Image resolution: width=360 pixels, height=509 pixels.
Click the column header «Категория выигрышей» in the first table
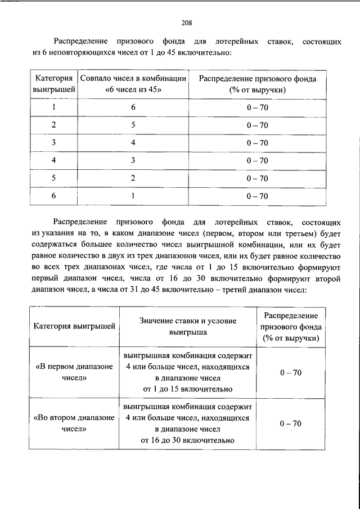[x=54, y=84]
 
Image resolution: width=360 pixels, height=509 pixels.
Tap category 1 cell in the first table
[x=54, y=106]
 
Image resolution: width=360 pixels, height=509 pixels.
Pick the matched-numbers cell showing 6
[x=133, y=106]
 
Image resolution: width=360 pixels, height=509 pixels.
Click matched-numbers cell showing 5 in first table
[x=133, y=124]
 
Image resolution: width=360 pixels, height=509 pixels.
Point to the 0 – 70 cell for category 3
[x=257, y=142]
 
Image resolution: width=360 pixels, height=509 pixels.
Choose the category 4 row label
[x=54, y=160]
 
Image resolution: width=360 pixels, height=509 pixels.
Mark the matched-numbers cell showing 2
[x=133, y=178]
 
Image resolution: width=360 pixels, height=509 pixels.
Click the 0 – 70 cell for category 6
[x=257, y=196]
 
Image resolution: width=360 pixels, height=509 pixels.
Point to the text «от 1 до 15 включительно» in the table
[x=188, y=389]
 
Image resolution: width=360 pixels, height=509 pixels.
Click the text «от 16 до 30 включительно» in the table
[x=188, y=440]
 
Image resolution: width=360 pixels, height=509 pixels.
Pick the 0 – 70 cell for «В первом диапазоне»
[x=290, y=372]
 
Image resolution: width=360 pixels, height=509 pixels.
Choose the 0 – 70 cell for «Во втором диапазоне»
[x=290, y=423]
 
